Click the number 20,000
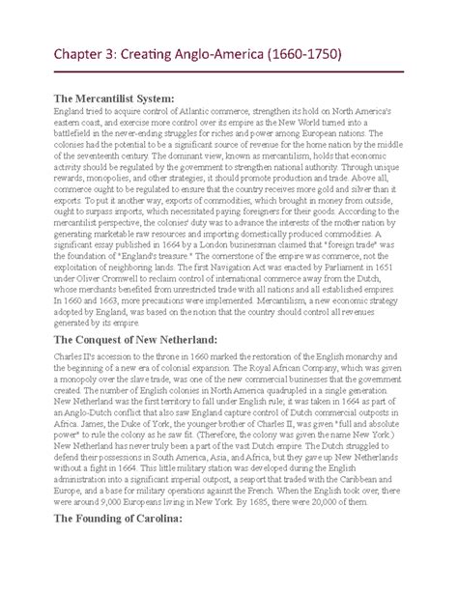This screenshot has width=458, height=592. [328, 528]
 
